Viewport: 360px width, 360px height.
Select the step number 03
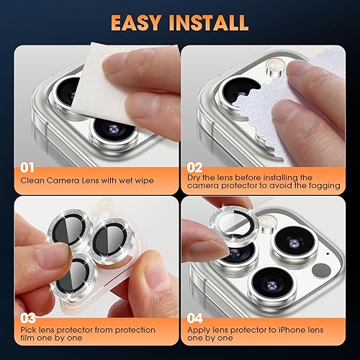pos(28,318)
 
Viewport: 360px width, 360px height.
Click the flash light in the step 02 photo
pos(273,69)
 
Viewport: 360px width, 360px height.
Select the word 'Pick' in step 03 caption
pos(29,330)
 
